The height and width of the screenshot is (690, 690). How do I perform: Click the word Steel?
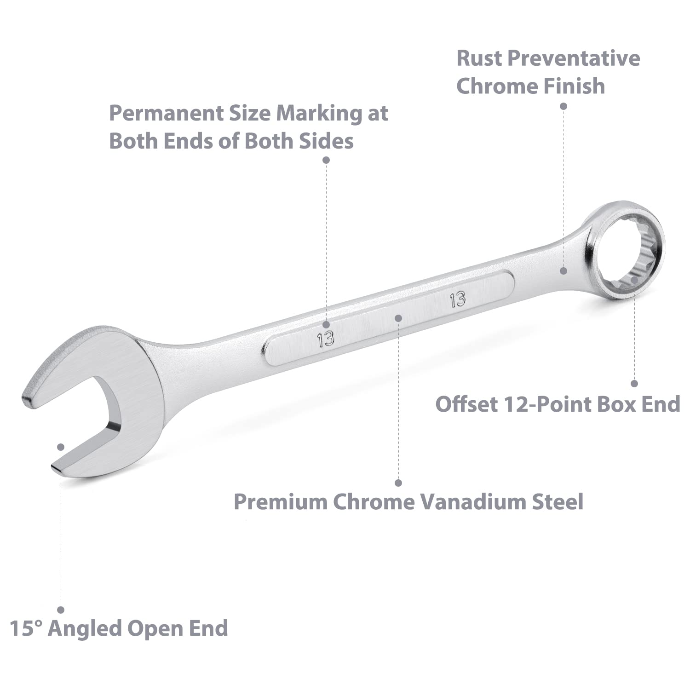[558, 501]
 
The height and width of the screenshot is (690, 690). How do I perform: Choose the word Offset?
[466, 404]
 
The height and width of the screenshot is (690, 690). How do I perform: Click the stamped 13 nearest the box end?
[458, 299]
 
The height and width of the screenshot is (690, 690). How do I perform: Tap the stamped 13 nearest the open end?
[325, 339]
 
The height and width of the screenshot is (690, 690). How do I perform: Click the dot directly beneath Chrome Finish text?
[563, 106]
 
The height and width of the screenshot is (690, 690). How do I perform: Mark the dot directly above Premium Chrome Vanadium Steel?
[398, 483]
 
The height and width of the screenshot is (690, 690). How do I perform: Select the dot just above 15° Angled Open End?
[61, 609]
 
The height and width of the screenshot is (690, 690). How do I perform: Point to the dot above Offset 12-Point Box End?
[634, 383]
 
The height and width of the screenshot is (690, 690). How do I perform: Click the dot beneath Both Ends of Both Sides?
[326, 160]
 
